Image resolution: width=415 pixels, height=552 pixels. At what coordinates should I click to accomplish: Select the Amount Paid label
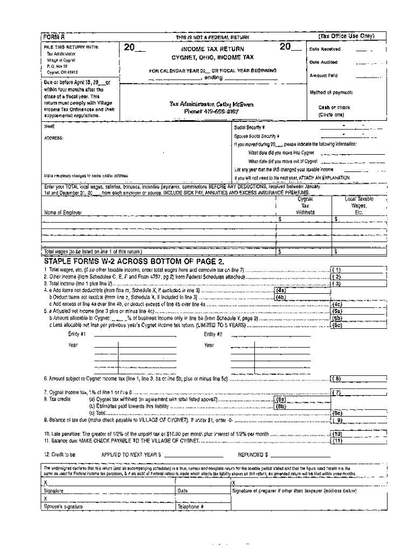(322, 75)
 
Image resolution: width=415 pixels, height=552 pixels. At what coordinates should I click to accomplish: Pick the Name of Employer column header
(63, 212)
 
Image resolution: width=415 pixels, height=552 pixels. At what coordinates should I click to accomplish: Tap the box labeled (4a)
(281, 290)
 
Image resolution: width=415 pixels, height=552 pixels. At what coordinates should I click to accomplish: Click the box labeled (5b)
(336, 319)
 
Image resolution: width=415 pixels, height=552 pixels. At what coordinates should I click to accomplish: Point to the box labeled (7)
(336, 392)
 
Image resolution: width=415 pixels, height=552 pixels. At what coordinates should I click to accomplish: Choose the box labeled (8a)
(281, 400)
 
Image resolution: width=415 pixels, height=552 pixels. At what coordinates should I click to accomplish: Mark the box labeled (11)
(336, 440)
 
